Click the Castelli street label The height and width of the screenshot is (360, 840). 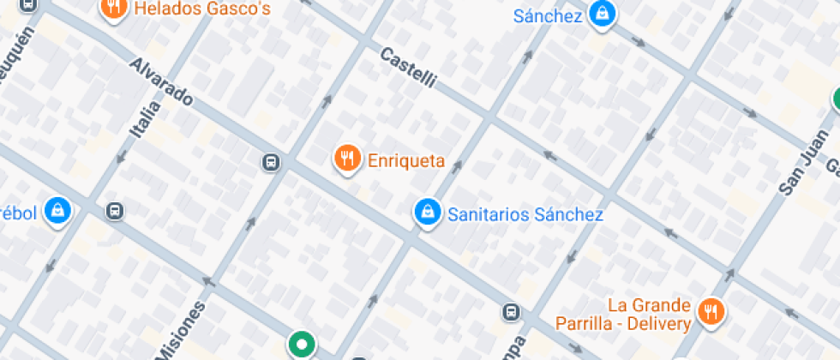[408, 69]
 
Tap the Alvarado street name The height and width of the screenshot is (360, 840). [160, 82]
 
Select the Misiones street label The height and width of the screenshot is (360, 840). [183, 331]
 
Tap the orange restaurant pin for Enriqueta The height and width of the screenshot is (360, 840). [346, 158]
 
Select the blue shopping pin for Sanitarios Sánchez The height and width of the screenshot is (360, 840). [426, 212]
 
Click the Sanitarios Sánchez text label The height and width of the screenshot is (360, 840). [525, 214]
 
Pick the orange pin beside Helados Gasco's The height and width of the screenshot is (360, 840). [112, 9]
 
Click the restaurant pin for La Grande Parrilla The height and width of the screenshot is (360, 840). [710, 311]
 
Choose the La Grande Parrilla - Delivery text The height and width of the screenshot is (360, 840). [649, 315]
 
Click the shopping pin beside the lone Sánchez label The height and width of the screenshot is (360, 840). [603, 14]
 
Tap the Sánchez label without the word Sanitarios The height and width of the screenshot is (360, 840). [548, 15]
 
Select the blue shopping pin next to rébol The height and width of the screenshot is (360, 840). [57, 209]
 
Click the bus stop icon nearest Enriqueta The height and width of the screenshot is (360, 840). [269, 161]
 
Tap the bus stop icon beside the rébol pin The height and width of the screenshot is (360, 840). [114, 211]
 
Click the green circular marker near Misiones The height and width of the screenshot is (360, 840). [301, 345]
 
